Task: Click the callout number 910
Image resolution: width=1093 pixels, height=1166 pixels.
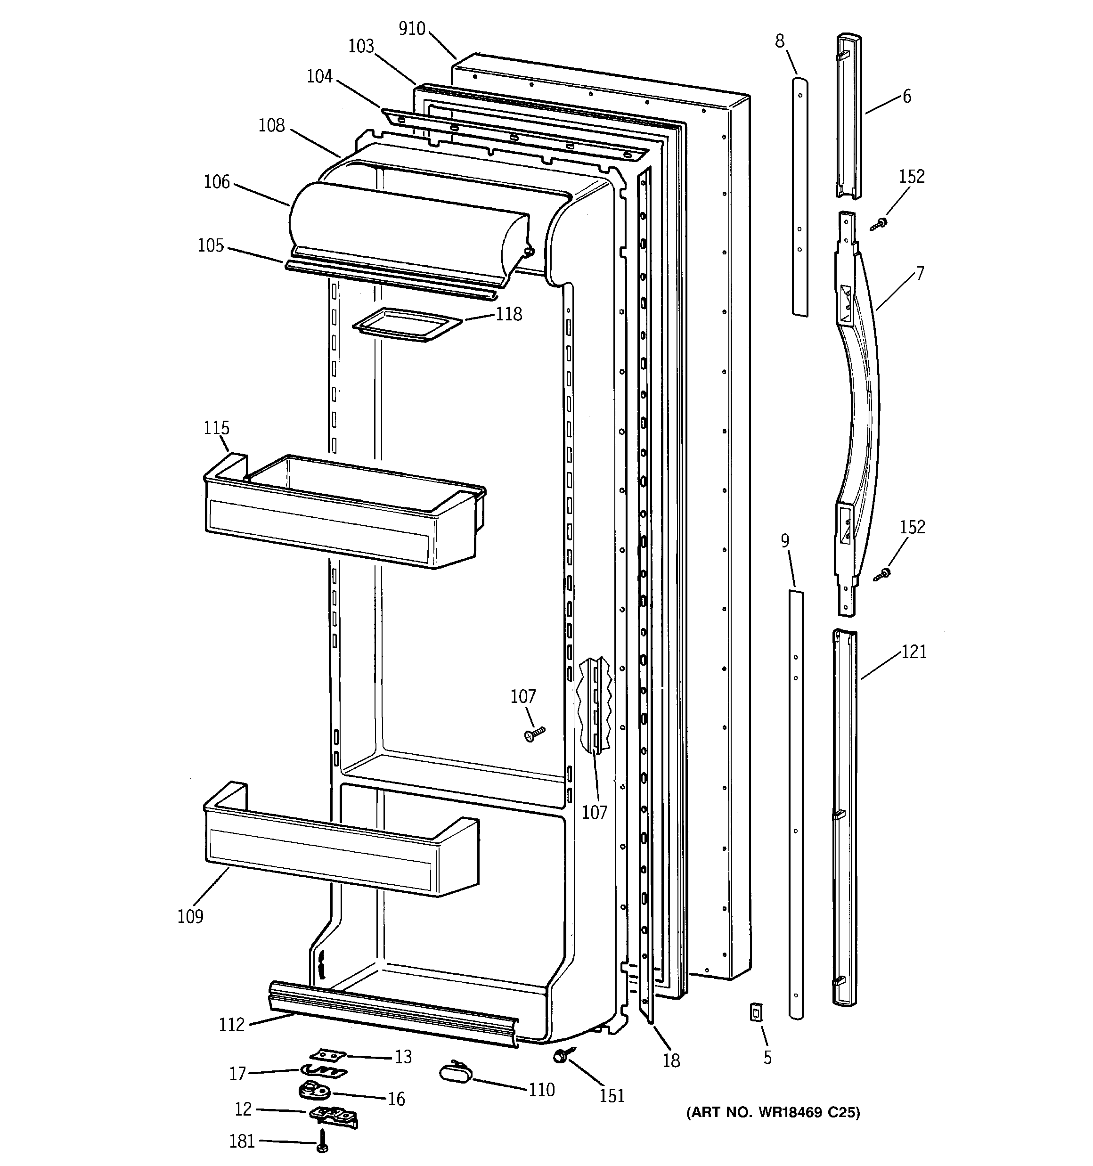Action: tap(412, 29)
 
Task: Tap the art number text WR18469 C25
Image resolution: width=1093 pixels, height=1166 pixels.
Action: tap(773, 1113)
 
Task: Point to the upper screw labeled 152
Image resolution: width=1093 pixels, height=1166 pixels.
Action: tap(880, 223)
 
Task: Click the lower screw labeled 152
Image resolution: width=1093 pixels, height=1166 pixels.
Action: tap(882, 574)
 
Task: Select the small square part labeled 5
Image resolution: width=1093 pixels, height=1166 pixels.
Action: tap(756, 1012)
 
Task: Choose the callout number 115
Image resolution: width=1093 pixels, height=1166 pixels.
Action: tap(216, 428)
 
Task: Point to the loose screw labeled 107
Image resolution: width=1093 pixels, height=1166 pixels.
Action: tap(534, 734)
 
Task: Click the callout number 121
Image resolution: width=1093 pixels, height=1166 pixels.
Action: tap(914, 652)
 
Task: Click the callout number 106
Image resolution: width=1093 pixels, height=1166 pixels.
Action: tap(217, 182)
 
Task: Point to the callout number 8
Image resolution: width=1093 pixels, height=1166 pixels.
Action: tap(779, 41)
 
